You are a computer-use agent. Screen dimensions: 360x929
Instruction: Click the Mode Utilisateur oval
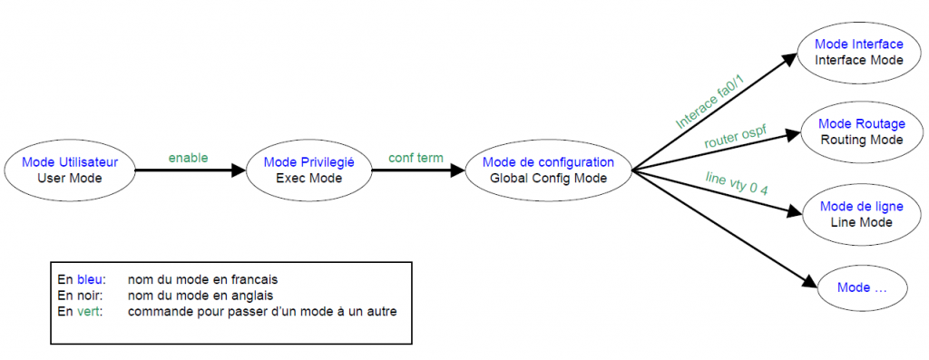[70, 170]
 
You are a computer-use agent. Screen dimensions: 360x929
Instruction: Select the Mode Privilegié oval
[308, 170]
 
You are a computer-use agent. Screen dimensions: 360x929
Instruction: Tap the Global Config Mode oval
[548, 170]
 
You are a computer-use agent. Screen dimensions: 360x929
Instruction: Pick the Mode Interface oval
[858, 52]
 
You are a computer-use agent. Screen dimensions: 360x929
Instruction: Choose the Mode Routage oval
[861, 131]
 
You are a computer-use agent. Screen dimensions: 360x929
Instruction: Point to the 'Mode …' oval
[861, 287]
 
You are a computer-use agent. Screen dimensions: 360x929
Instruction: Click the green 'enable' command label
[188, 158]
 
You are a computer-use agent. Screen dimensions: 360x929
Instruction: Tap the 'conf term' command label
[416, 158]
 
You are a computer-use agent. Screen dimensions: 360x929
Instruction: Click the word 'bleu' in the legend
[90, 279]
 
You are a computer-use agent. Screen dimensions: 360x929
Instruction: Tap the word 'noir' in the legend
[89, 295]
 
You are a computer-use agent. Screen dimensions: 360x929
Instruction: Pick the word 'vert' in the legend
[88, 311]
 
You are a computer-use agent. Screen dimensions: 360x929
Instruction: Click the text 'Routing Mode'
[861, 140]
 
